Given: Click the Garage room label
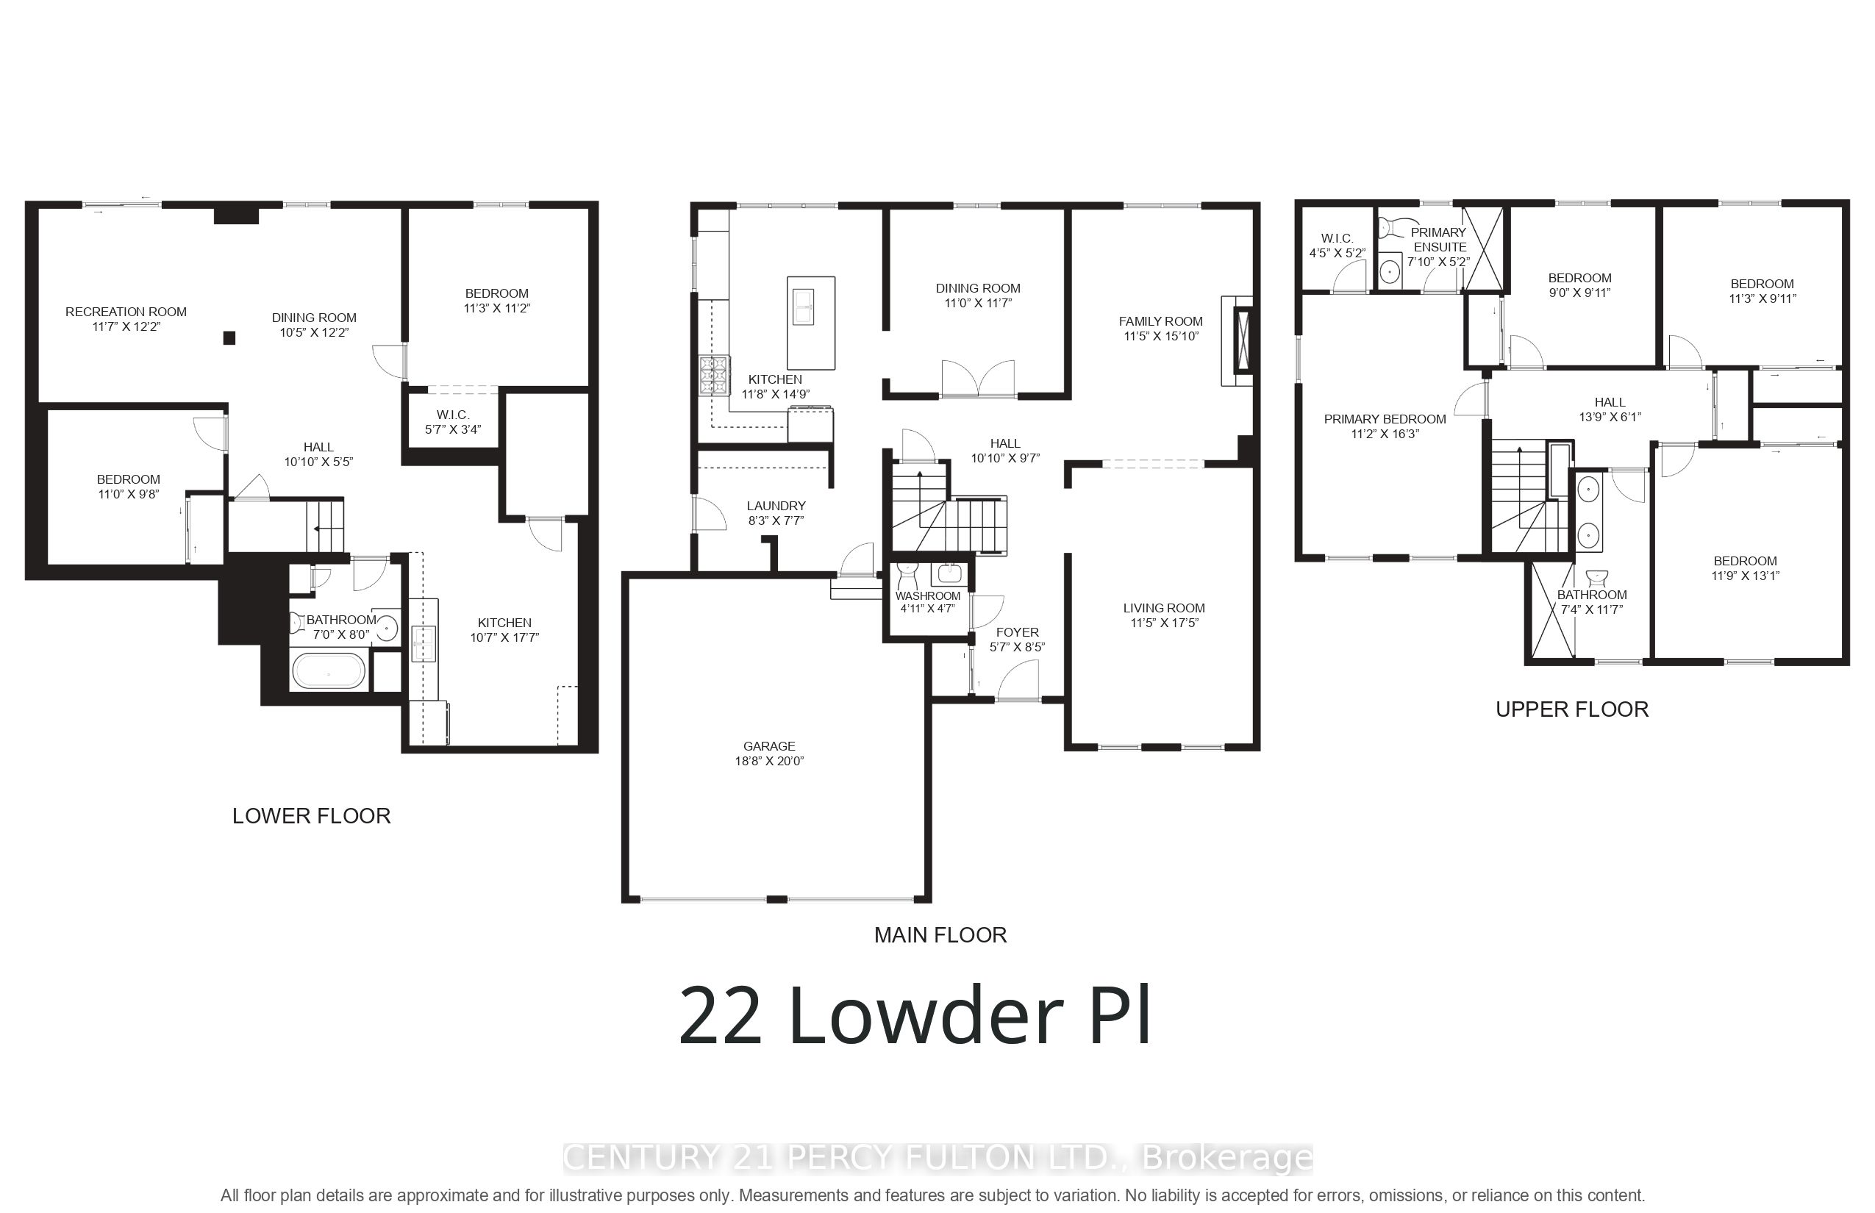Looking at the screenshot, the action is point(769,746).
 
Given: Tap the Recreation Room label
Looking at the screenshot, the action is point(126,312).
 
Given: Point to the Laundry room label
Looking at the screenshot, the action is point(776,506).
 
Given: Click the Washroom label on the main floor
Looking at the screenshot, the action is point(928,596).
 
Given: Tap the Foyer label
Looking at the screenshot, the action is point(1017,632).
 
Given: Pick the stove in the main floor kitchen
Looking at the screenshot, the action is point(715,375).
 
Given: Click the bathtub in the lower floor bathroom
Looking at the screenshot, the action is point(329,672).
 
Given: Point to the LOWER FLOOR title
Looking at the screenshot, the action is point(311,816).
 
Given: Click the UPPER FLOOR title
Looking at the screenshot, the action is point(1572,709).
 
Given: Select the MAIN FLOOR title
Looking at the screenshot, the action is point(940,935).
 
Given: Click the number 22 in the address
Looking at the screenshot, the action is point(720,1016).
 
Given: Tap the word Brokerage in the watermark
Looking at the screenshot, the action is point(1226,1158).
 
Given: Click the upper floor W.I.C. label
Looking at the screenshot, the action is point(1337,238).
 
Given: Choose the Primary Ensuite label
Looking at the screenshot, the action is point(1438,240).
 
